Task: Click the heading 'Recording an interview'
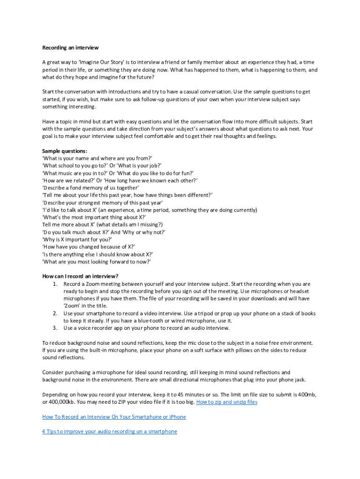pos(70,48)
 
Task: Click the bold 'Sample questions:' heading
pos(65,151)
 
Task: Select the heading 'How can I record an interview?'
pos(80,276)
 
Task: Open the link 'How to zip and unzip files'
pos(226,402)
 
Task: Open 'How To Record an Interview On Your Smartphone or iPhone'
pos(114,417)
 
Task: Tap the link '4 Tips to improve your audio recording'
pos(109,431)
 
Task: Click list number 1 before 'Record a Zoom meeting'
pos(55,284)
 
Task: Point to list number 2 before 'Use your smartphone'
pos(55,313)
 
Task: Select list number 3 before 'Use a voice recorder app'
pos(55,328)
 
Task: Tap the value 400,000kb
pos(64,402)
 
